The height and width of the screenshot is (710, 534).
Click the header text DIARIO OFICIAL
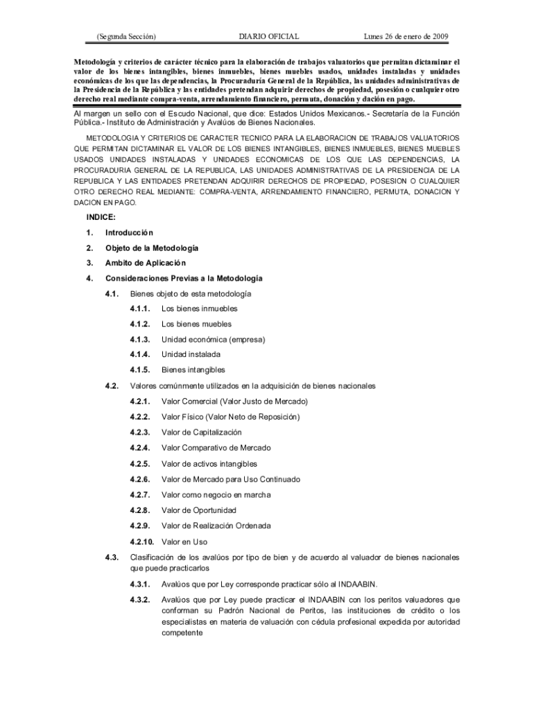coord(268,36)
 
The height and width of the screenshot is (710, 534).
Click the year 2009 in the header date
coord(437,36)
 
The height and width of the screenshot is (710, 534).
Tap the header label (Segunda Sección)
coord(126,36)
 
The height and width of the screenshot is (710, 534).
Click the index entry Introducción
coord(129,232)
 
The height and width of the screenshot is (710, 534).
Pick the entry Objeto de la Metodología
coord(152,248)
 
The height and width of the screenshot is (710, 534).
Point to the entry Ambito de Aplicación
coord(146,263)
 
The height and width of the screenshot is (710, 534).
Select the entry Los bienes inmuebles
coord(199,309)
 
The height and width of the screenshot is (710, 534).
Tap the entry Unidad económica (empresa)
coord(213,339)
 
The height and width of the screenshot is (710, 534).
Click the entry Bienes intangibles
coord(193,370)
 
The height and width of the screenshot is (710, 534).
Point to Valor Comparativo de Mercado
coord(216,447)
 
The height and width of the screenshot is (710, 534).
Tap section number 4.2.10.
coord(142,542)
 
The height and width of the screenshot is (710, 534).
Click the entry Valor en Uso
coord(184,542)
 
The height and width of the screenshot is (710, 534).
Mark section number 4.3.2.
coord(140,599)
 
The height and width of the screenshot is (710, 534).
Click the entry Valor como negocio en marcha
coord(216,494)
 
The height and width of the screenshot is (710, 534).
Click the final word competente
coord(182,632)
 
